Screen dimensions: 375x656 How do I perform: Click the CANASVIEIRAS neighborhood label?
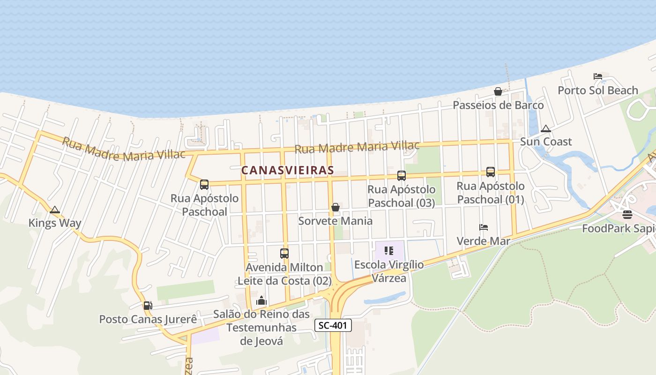pyautogui.click(x=287, y=170)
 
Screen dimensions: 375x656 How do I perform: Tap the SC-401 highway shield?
pyautogui.click(x=333, y=325)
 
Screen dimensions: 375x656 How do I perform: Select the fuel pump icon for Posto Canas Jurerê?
pyautogui.click(x=148, y=306)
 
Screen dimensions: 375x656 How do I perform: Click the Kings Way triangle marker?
pyautogui.click(x=55, y=210)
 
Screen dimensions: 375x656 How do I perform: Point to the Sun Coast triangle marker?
pyautogui.click(x=545, y=128)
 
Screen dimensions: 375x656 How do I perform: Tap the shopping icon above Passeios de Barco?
pyautogui.click(x=498, y=91)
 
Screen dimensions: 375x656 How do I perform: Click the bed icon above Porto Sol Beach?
pyautogui.click(x=597, y=76)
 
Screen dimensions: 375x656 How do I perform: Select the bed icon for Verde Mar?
pyautogui.click(x=484, y=227)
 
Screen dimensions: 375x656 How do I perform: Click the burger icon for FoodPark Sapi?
pyautogui.click(x=627, y=215)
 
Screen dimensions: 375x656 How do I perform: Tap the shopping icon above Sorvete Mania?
pyautogui.click(x=335, y=207)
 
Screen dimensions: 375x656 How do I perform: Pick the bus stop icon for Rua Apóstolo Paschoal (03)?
pyautogui.click(x=402, y=176)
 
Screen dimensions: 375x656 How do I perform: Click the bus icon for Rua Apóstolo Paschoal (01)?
pyautogui.click(x=491, y=172)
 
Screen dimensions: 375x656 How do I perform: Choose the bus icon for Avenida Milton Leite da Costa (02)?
pyautogui.click(x=284, y=254)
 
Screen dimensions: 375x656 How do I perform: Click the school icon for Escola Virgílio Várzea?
pyautogui.click(x=388, y=251)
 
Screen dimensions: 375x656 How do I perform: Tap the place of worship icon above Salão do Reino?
pyautogui.click(x=261, y=300)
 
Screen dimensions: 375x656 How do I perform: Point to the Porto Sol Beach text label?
pyautogui.click(x=598, y=90)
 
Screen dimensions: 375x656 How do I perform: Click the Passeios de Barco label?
pyautogui.click(x=498, y=105)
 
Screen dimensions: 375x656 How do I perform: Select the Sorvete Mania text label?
pyautogui.click(x=335, y=221)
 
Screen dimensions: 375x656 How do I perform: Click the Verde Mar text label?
pyautogui.click(x=484, y=241)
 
